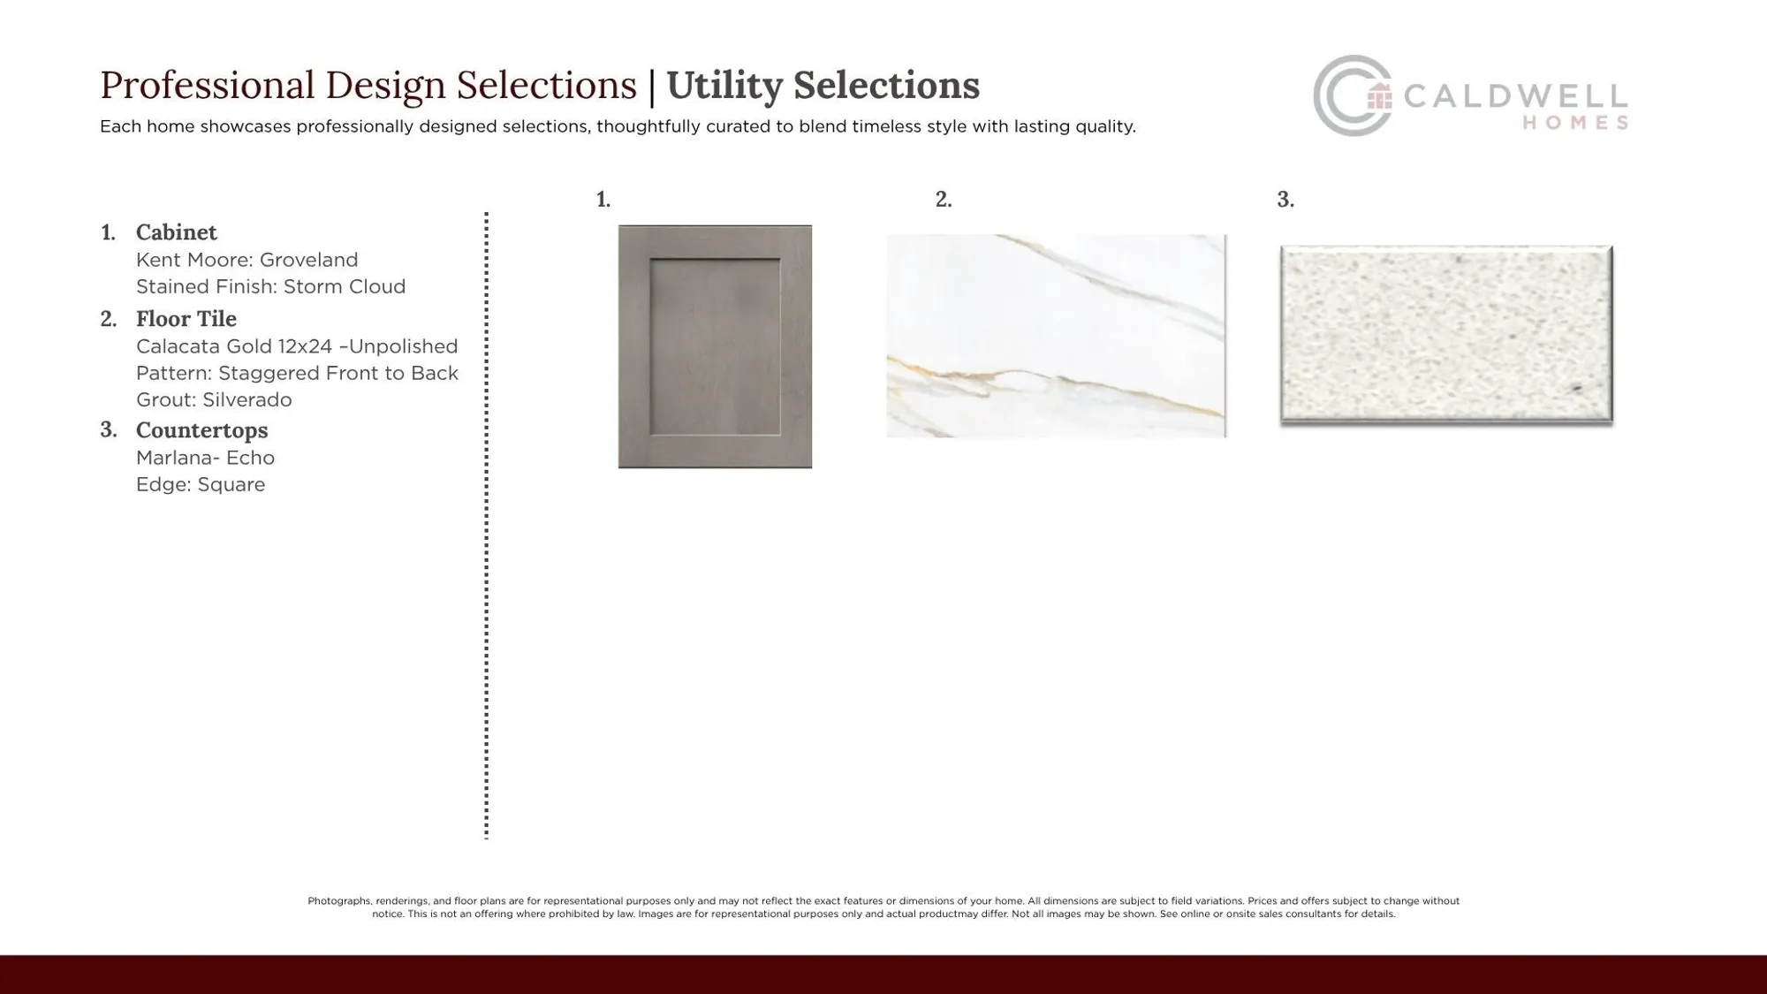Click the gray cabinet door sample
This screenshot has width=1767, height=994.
(x=715, y=346)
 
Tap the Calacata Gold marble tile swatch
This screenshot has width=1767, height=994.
(x=1056, y=336)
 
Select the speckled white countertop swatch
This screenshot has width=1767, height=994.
(x=1446, y=334)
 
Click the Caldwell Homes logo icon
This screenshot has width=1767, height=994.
(x=1352, y=95)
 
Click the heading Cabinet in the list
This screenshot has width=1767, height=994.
(x=176, y=232)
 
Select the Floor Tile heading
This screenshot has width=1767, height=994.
(x=186, y=319)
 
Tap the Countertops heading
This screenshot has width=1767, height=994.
(x=201, y=430)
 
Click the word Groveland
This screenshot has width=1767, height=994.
(x=308, y=260)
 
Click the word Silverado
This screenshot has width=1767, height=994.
(x=246, y=399)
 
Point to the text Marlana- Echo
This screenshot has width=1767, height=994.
(x=205, y=458)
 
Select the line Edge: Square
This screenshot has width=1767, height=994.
(x=201, y=484)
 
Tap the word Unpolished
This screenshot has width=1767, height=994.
(x=403, y=346)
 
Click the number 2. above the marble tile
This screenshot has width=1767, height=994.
(x=944, y=200)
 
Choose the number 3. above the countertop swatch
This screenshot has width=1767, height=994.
(x=1285, y=200)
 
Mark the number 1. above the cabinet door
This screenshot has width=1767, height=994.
(x=603, y=200)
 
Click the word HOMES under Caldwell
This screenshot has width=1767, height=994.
(x=1575, y=124)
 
